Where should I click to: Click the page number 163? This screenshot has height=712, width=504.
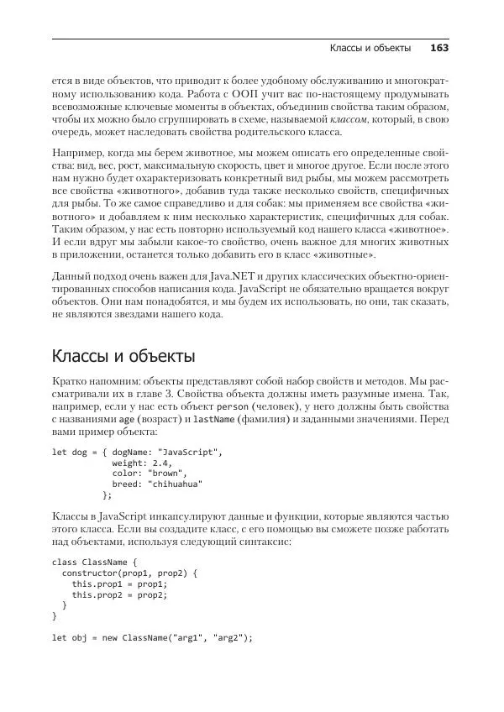tap(439, 49)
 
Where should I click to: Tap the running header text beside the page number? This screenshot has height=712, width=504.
tap(370, 49)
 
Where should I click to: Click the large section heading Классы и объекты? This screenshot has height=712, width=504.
tap(123, 380)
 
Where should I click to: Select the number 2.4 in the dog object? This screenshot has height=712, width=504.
tap(162, 463)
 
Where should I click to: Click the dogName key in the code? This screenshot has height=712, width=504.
tap(130, 452)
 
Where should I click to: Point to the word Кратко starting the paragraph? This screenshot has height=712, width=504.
tap(68, 406)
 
